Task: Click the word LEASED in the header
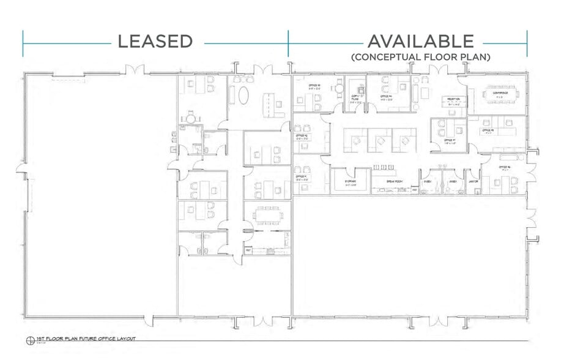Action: pos(155,42)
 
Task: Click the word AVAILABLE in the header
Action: pos(420,41)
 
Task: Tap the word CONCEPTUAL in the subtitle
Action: pos(396,58)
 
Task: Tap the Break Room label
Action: pos(395,182)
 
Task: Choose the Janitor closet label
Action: pos(472,182)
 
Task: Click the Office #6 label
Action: pos(505,167)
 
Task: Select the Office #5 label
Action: pos(488,130)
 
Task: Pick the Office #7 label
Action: pos(451,140)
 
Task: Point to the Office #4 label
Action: pos(385,97)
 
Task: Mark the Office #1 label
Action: pos(301,178)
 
